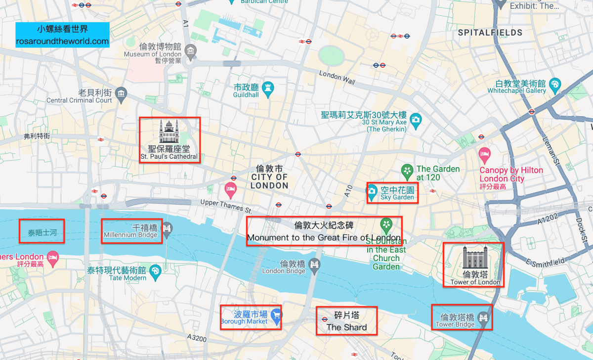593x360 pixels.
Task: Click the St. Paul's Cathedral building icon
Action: (168, 132)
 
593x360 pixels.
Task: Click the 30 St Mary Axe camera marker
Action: (416, 120)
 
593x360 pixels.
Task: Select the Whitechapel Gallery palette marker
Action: (555, 85)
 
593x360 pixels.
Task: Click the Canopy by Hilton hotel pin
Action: (484, 154)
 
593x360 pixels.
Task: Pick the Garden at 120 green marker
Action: (407, 172)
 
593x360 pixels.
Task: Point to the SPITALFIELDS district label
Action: (490, 33)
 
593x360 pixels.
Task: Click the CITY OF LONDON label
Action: (269, 181)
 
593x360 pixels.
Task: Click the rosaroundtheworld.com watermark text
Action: (62, 42)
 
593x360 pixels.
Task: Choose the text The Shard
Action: (346, 327)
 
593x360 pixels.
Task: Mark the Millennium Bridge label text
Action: (130, 235)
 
